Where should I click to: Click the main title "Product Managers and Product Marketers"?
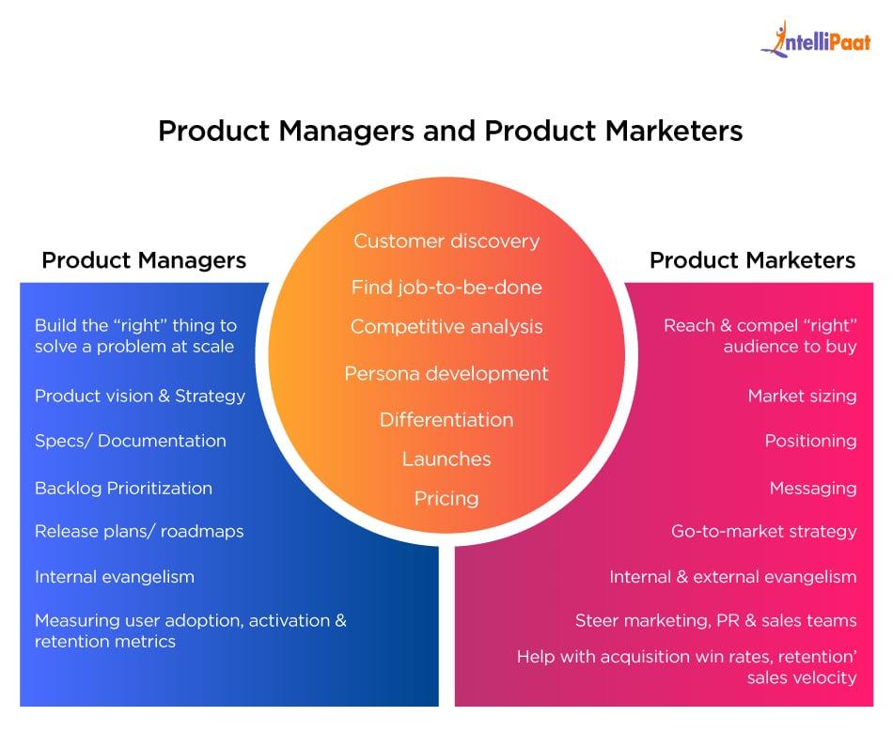pyautogui.click(x=450, y=131)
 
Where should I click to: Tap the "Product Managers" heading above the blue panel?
pyautogui.click(x=144, y=259)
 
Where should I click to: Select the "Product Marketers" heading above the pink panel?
pyautogui.click(x=752, y=259)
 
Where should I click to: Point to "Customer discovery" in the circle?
pyautogui.click(x=446, y=241)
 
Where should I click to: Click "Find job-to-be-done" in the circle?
pyautogui.click(x=446, y=287)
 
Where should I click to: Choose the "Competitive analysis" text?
pyautogui.click(x=446, y=326)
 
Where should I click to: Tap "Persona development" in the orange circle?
pyautogui.click(x=446, y=373)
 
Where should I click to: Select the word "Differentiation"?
pyautogui.click(x=446, y=419)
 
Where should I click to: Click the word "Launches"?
pyautogui.click(x=446, y=459)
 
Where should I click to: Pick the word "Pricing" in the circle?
pyautogui.click(x=446, y=498)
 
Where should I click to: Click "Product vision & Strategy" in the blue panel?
pyautogui.click(x=140, y=396)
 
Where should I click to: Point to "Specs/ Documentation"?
pyautogui.click(x=131, y=441)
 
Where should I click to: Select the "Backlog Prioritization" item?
pyautogui.click(x=123, y=488)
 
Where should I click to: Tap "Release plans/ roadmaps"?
pyautogui.click(x=139, y=531)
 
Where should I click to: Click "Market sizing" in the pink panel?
pyautogui.click(x=802, y=396)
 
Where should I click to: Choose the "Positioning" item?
pyautogui.click(x=810, y=441)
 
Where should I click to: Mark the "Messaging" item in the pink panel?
pyautogui.click(x=813, y=488)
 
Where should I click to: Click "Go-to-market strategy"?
pyautogui.click(x=763, y=531)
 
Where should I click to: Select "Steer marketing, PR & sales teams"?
pyautogui.click(x=715, y=620)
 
